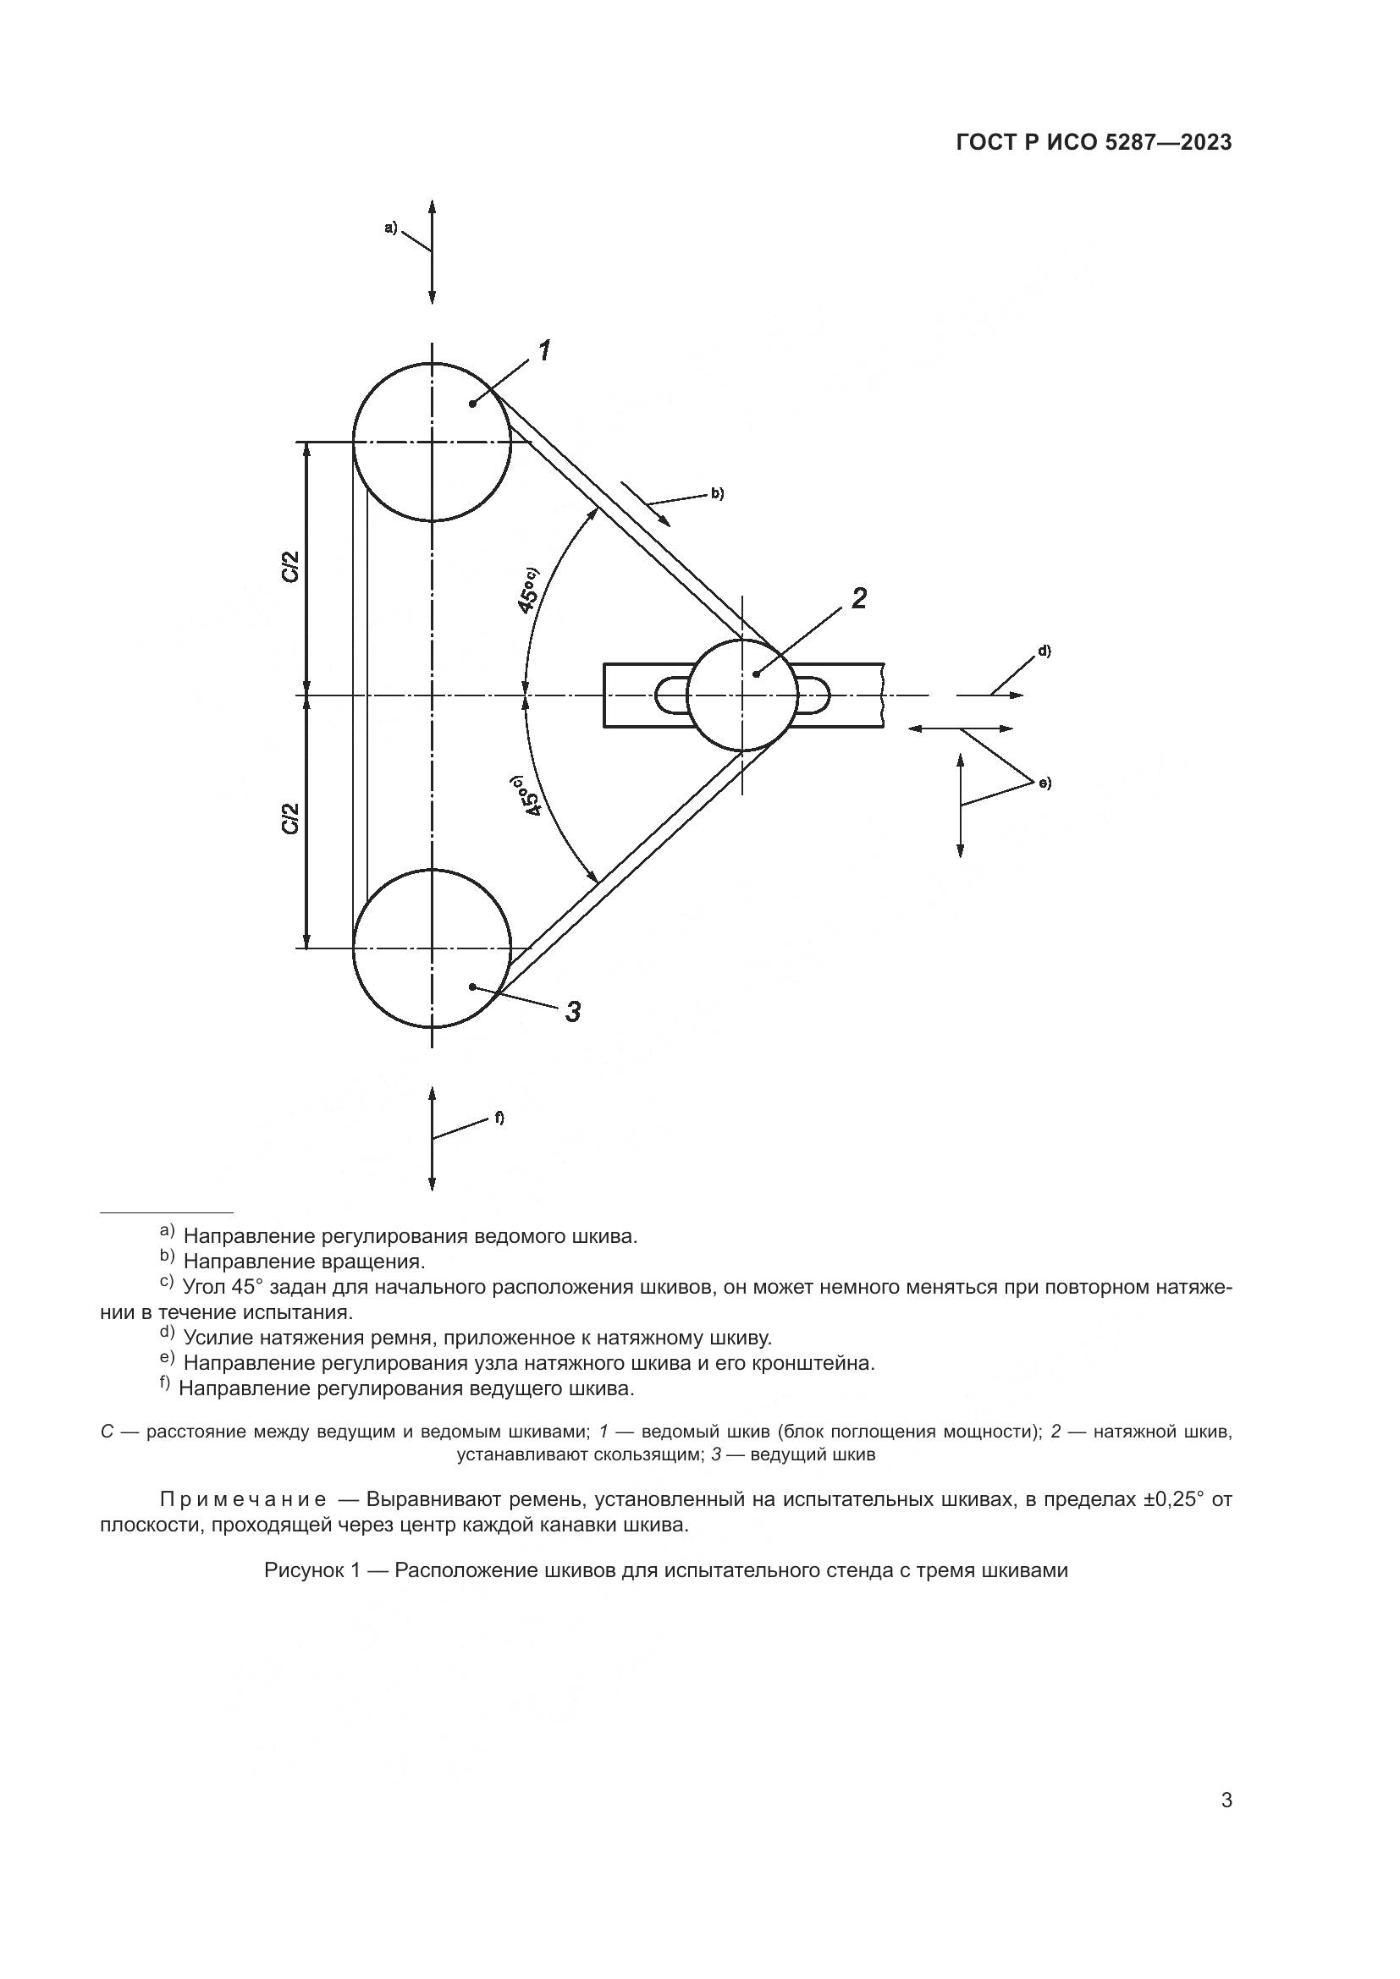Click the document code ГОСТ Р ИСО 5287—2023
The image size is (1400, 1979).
pos(1094,143)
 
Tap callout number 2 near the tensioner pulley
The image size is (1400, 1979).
pos(858,598)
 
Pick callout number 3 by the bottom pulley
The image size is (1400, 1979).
pos(572,1011)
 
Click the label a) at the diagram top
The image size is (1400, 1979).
pos(390,228)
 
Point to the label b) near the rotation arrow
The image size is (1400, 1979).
pos(717,494)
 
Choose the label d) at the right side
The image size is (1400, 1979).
pos(1044,651)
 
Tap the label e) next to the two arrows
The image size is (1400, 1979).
pos(1044,783)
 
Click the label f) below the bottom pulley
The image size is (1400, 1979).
pos(499,1118)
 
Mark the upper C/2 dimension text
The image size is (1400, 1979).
pos(291,566)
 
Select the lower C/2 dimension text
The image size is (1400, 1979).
pos(291,818)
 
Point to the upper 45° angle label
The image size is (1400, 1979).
pos(527,590)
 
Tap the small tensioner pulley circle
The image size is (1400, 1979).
pos(742,695)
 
